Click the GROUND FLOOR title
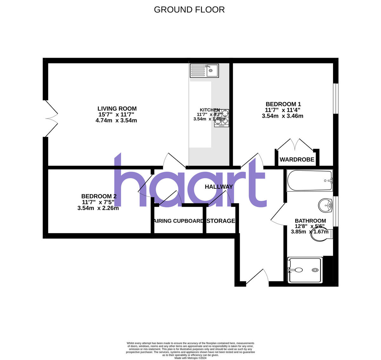(189, 10)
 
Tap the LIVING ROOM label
(117, 109)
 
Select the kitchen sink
(204, 70)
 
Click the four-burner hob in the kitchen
(221, 118)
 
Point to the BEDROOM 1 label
(283, 104)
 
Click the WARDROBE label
(297, 160)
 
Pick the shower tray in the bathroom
(304, 270)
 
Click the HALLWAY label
(219, 187)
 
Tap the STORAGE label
(221, 221)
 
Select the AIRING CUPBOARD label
(178, 221)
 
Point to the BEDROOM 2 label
(99, 196)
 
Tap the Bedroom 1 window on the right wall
(336, 98)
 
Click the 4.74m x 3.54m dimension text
(116, 121)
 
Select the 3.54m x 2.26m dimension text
(98, 208)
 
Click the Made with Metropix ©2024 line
(190, 358)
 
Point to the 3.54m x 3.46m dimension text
(283, 116)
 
